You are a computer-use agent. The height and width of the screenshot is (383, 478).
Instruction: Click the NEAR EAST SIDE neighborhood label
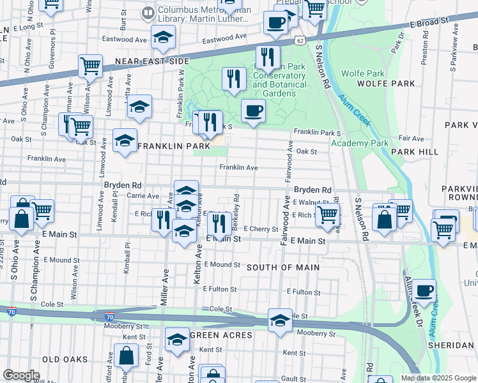click(152, 61)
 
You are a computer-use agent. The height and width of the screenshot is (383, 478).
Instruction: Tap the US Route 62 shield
click(300, 40)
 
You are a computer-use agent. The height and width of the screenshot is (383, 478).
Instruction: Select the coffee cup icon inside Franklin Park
click(253, 111)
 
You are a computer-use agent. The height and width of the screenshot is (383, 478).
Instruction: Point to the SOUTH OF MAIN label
click(278, 267)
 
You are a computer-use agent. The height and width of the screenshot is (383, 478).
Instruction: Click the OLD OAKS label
click(65, 359)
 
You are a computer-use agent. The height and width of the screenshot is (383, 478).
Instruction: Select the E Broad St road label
click(427, 23)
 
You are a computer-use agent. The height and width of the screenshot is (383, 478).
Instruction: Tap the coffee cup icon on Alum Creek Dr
click(424, 291)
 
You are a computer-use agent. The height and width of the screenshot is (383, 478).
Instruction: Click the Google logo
click(21, 375)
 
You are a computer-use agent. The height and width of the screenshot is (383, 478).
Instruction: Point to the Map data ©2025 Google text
click(438, 378)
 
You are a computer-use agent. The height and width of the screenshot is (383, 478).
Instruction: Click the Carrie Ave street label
click(143, 196)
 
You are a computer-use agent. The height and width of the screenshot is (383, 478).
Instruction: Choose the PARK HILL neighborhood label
click(415, 152)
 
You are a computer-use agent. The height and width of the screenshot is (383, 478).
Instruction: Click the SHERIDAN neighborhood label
click(451, 345)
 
